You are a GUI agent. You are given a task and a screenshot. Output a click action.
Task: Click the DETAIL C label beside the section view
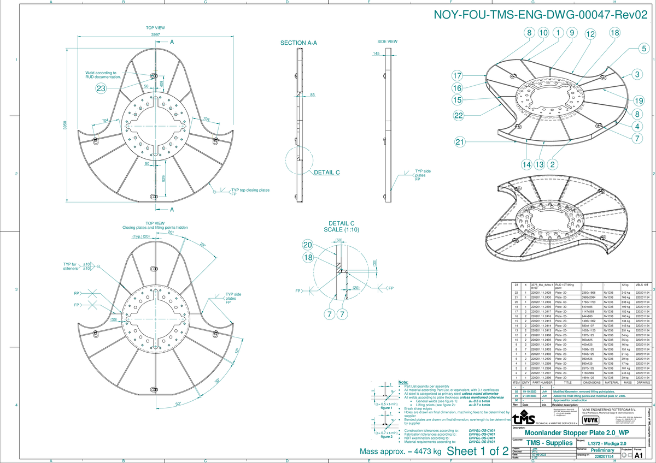tap(326, 173)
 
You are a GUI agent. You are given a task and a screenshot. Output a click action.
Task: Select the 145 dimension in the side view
tap(376, 54)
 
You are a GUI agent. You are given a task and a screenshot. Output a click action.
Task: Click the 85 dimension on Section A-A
tap(312, 96)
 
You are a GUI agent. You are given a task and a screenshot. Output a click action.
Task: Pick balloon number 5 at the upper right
tap(644, 49)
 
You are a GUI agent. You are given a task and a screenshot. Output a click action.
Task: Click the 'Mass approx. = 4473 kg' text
tap(400, 452)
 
